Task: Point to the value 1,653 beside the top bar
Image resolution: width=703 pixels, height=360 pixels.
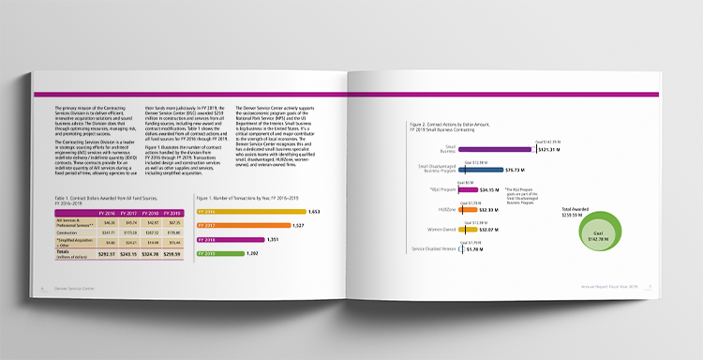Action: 314,212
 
